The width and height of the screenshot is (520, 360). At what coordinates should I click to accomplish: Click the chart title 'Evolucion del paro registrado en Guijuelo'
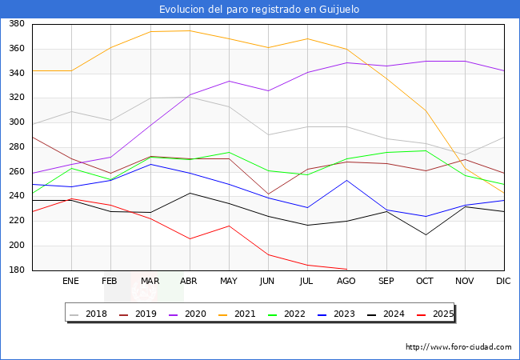[x=259, y=9]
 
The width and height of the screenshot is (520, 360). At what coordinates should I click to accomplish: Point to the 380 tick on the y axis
[x=16, y=24]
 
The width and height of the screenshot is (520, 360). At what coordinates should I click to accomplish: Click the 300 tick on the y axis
[x=16, y=122]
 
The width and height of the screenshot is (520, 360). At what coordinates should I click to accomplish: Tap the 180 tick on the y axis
[x=16, y=270]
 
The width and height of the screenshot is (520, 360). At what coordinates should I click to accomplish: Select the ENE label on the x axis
[x=71, y=281]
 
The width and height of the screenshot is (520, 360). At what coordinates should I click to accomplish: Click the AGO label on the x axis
[x=346, y=281]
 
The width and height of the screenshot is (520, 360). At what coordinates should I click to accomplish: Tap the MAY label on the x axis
[x=229, y=281]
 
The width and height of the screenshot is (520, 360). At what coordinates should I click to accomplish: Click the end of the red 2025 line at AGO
[x=346, y=269]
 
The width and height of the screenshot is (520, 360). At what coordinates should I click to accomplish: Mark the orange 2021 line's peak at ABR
[x=190, y=30]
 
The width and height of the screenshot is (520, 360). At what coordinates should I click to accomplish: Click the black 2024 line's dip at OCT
[x=426, y=234]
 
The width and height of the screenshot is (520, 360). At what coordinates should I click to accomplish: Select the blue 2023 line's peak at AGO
[x=346, y=180]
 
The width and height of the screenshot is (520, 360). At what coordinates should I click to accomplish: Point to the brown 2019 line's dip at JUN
[x=268, y=194]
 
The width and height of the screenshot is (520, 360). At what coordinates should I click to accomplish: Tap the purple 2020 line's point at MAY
[x=229, y=81]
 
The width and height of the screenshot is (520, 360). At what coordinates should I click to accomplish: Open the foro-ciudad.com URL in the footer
[x=458, y=347]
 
